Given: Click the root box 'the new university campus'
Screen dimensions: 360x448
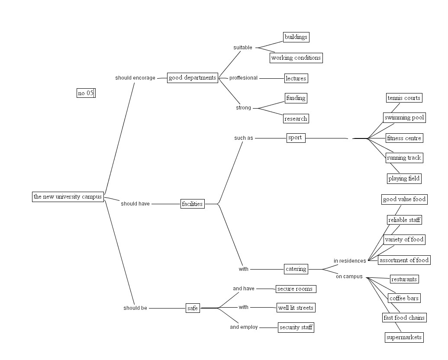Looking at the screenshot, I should (x=68, y=196).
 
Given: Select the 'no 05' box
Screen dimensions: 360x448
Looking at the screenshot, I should (x=86, y=93).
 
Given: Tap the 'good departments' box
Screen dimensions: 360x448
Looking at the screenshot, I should (x=192, y=78).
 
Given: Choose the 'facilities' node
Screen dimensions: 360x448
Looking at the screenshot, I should (x=192, y=204).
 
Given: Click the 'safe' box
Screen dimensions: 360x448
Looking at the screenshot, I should (x=192, y=308).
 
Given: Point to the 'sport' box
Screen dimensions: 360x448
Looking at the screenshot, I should (x=296, y=138).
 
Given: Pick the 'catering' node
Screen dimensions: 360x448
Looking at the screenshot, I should (x=296, y=269).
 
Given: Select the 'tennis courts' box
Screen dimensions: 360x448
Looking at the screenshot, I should (x=404, y=98).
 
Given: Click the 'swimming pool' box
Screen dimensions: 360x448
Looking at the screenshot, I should (x=404, y=117).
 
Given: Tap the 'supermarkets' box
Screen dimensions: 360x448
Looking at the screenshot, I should (x=404, y=337).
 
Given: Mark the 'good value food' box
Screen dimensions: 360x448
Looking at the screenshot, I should (x=404, y=199).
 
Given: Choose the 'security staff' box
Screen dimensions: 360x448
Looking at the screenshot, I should (x=296, y=327).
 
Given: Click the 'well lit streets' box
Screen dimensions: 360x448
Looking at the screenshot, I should (x=296, y=308).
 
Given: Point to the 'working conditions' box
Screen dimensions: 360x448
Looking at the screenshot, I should (x=296, y=58).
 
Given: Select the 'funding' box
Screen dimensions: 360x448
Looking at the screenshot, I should (x=296, y=98).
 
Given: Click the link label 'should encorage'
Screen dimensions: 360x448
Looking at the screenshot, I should (x=135, y=78).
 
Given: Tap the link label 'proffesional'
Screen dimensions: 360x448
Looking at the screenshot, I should (x=243, y=78).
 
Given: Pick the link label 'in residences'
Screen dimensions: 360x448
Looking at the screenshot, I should (x=350, y=261).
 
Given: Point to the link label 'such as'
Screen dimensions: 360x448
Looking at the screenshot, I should (x=244, y=138).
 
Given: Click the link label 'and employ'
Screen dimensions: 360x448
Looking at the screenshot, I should (x=244, y=327).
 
